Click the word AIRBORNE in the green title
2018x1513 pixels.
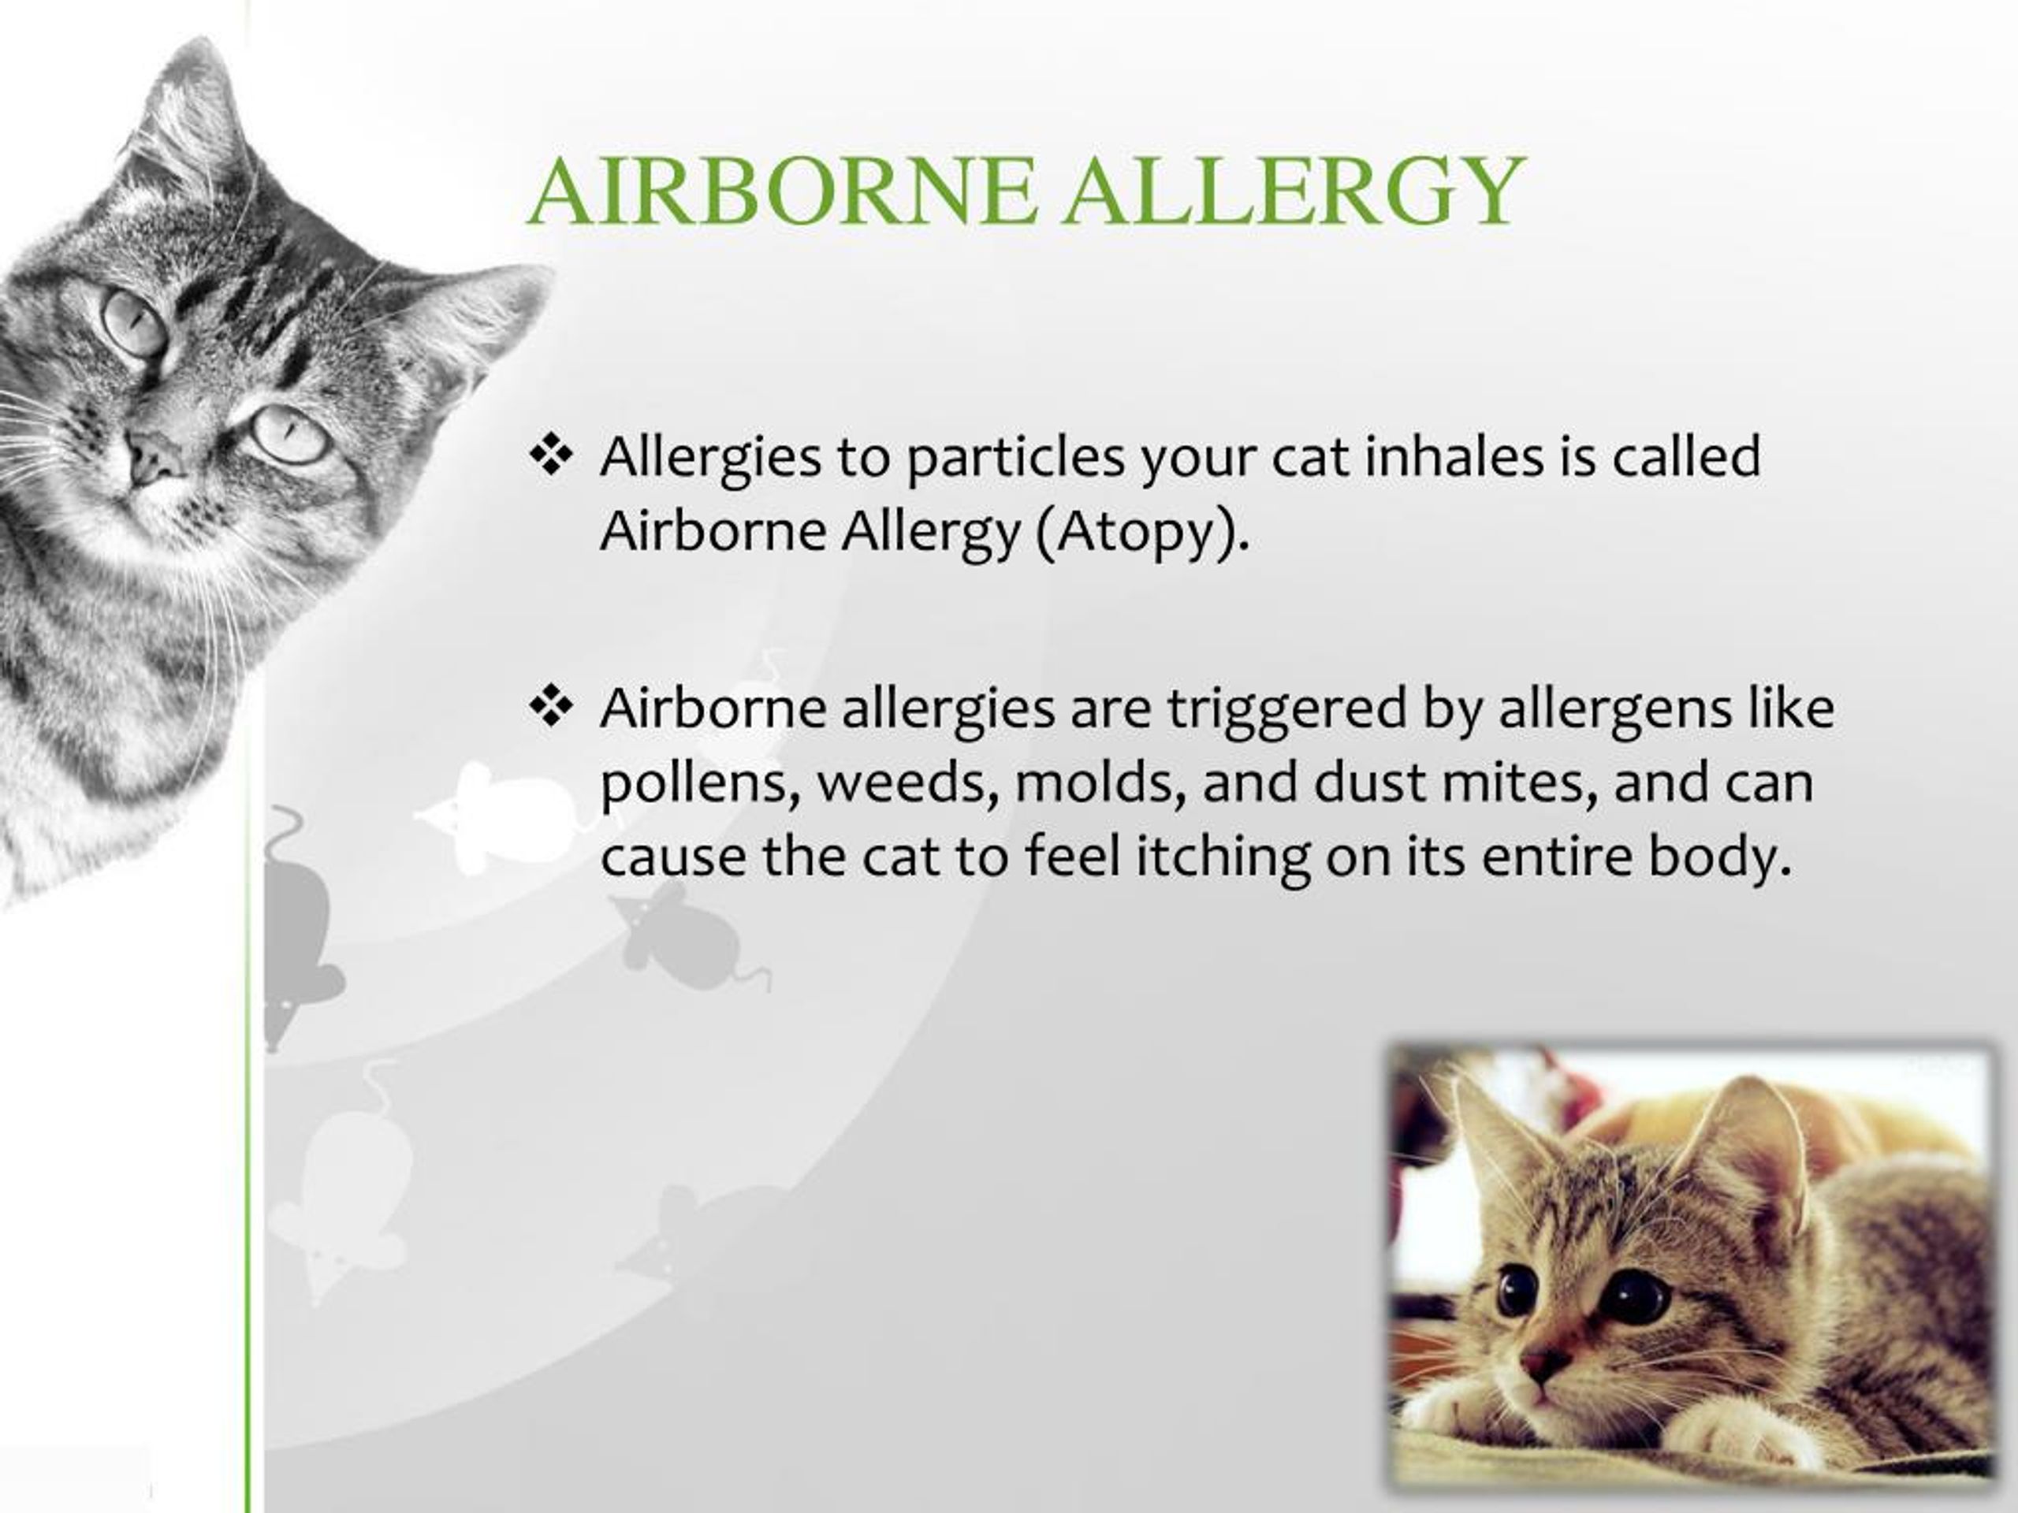point(783,192)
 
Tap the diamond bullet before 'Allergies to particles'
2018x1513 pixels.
point(550,456)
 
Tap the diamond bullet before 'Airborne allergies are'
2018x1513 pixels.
point(550,708)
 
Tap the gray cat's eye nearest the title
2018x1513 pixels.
point(290,435)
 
